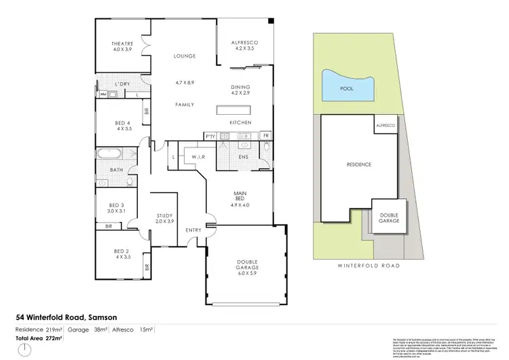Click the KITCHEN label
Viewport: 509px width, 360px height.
click(240, 122)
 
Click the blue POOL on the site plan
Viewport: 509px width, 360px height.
click(347, 86)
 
